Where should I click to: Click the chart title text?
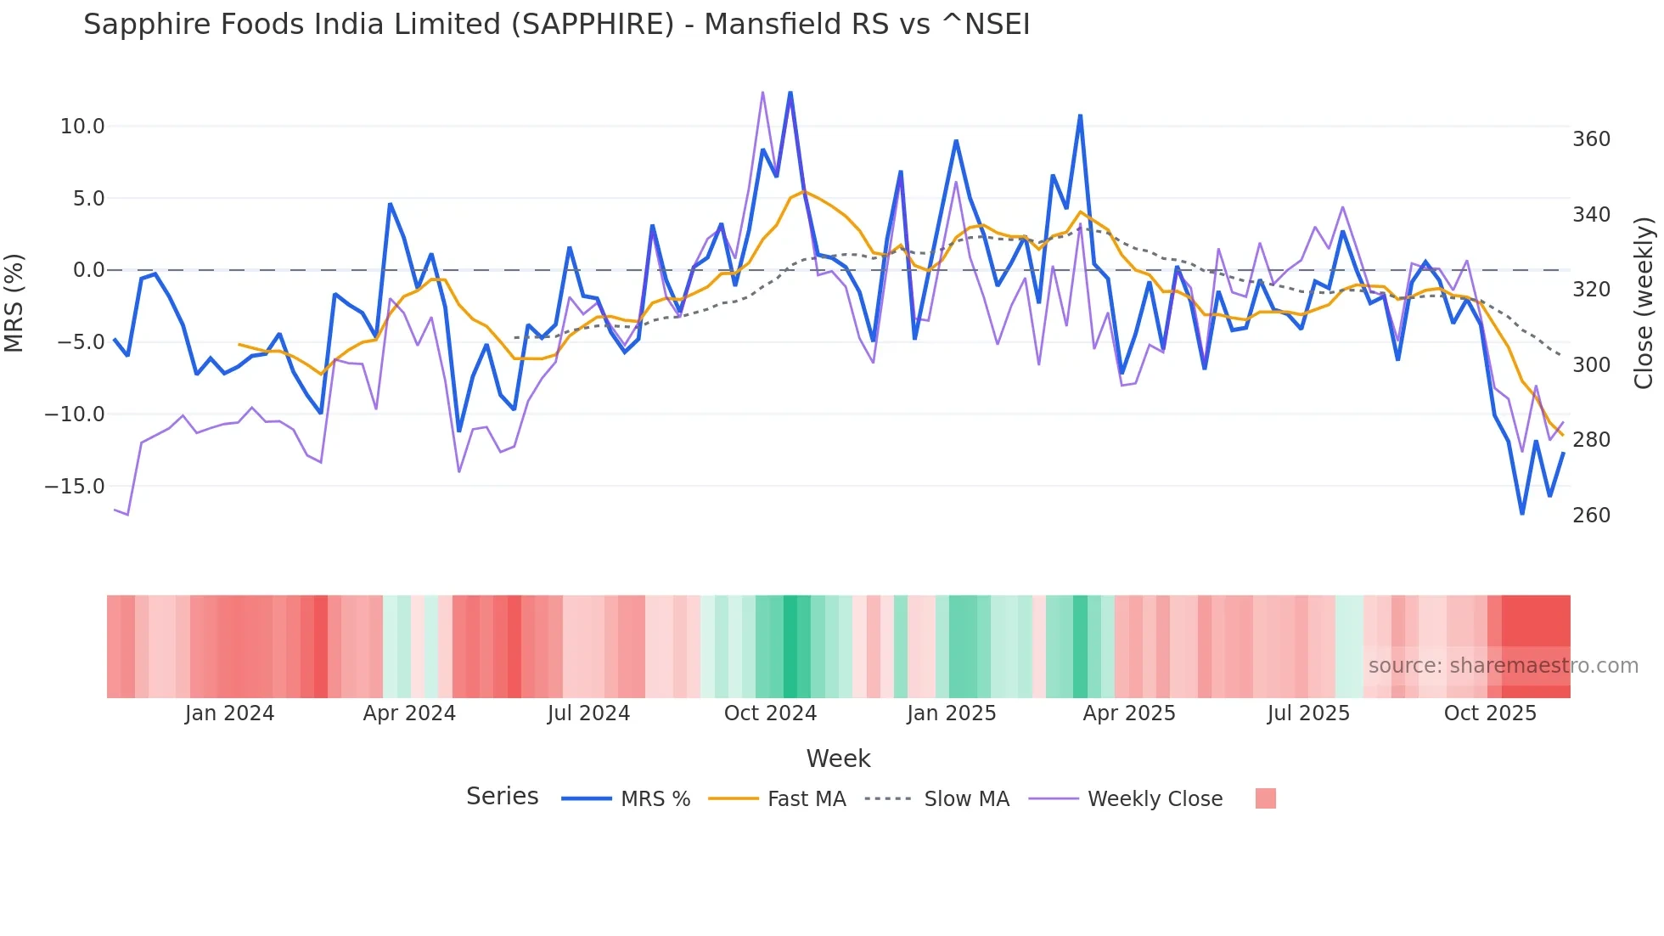pos(556,25)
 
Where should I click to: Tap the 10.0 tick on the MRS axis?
pos(82,127)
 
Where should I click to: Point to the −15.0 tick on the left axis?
pos(75,487)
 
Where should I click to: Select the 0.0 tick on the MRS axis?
pos(88,270)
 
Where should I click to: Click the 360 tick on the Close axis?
pos(1591,139)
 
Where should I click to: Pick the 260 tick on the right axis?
pos(1591,516)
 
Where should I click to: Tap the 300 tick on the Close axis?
pos(1591,365)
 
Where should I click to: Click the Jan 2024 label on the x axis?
pos(229,713)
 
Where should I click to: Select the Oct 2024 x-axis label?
pos(770,713)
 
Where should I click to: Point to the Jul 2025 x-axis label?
pos(1308,713)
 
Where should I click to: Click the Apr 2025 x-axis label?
pos(1129,713)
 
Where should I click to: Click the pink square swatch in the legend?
pos(1265,798)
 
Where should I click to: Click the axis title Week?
pos(838,758)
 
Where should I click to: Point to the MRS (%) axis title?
pos(14,303)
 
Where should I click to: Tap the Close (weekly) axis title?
pos(1644,303)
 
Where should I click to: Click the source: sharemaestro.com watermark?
pos(1503,666)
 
